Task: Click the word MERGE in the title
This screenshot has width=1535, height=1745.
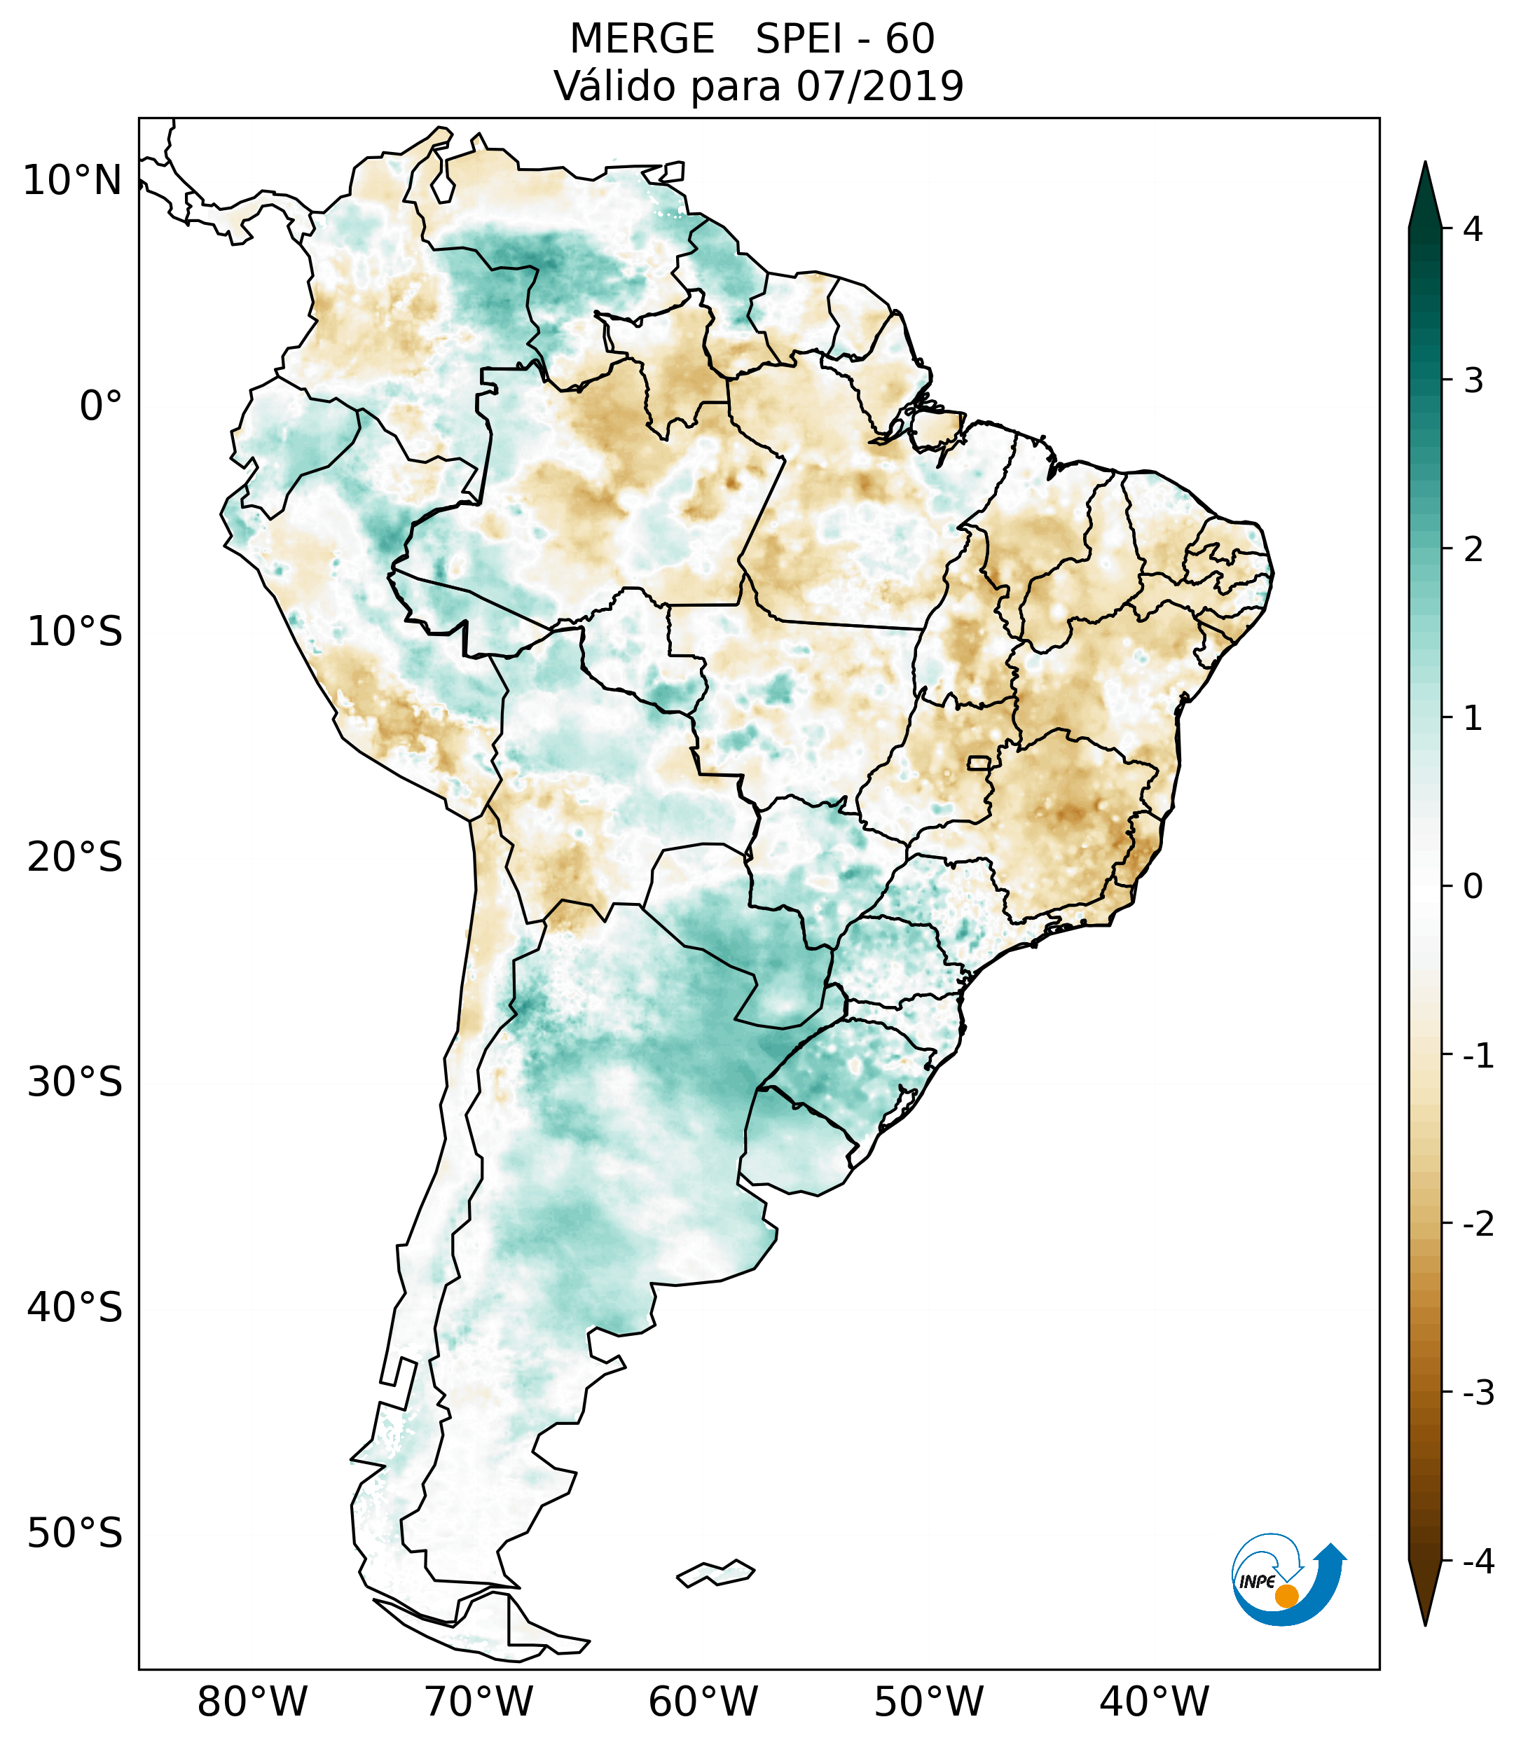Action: coord(641,39)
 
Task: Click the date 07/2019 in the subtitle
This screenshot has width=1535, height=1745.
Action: coord(879,86)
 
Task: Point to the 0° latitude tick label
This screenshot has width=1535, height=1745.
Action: coord(101,406)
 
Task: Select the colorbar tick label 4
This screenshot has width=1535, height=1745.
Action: coord(1473,229)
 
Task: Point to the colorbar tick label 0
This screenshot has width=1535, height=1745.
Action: coord(1473,887)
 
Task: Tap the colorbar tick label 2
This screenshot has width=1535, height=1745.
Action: coord(1473,550)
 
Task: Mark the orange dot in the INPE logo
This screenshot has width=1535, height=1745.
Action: coord(1286,1596)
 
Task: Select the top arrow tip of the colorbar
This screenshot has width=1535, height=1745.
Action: coord(1424,164)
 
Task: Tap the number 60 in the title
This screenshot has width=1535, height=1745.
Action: coord(909,39)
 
